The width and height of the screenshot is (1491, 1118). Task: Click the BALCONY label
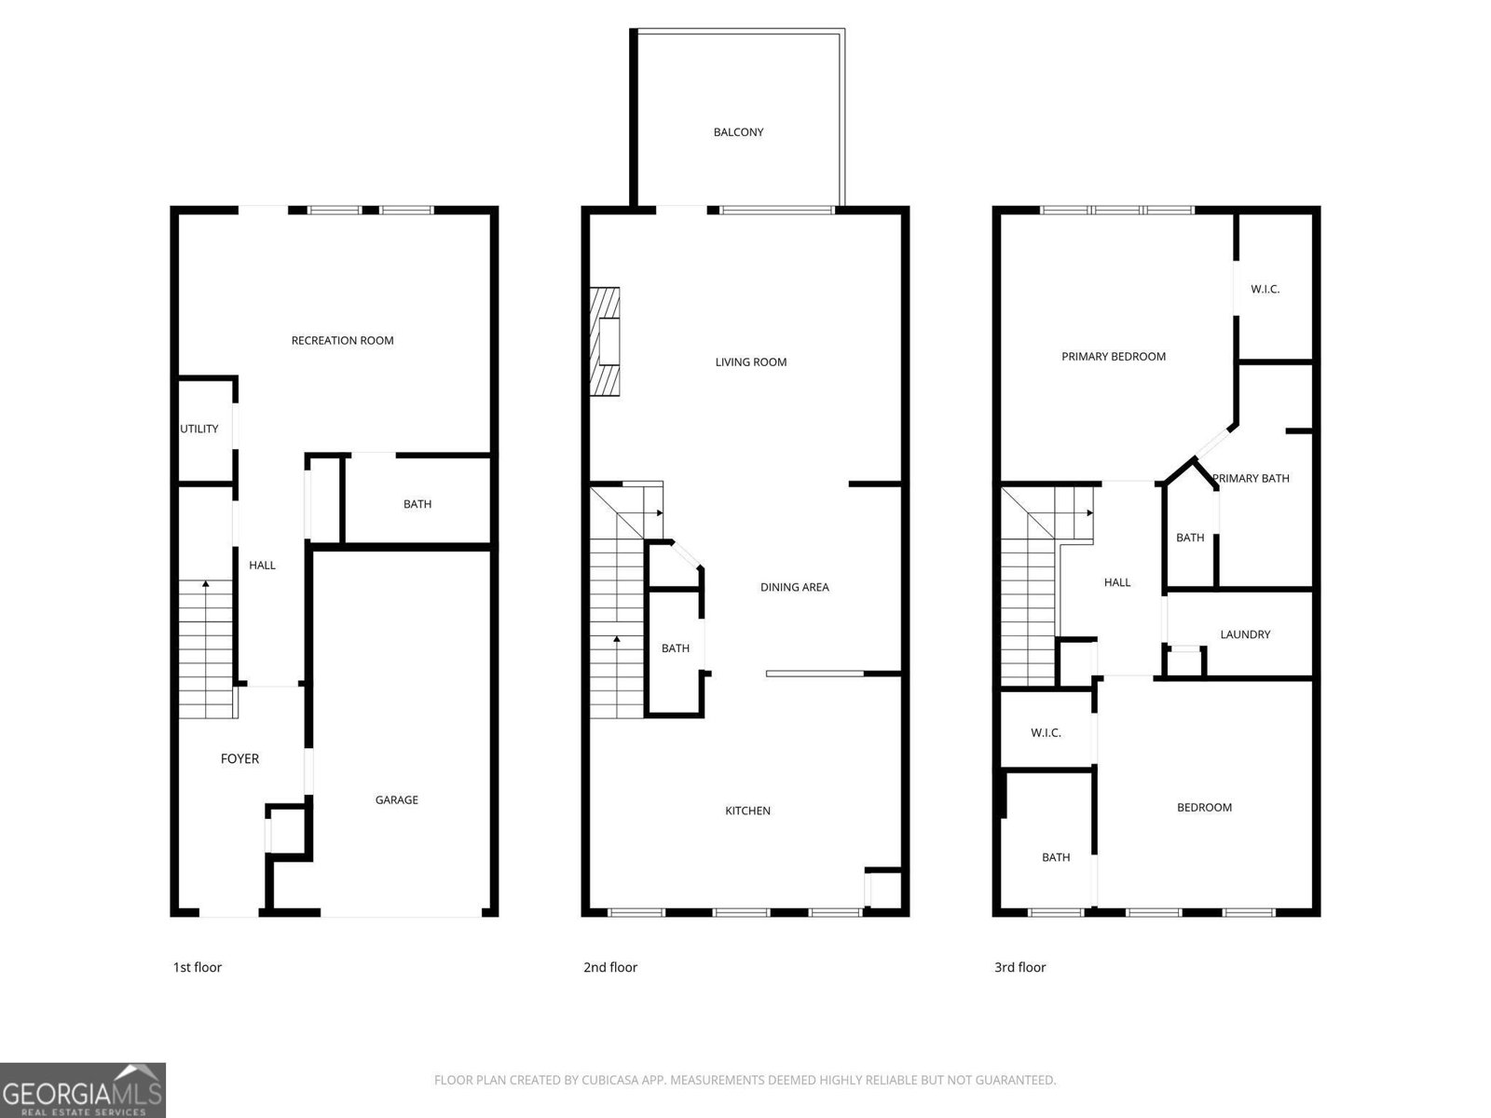point(738,132)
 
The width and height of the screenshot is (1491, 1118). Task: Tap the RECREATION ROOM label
point(342,341)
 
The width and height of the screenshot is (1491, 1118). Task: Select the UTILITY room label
point(199,429)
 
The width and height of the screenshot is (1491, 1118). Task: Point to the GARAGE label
point(397,800)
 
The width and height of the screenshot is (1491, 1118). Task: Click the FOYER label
point(239,759)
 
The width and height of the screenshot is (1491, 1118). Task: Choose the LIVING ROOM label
point(750,362)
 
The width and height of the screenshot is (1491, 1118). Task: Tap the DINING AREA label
point(795,587)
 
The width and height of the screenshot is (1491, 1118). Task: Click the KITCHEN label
point(748,811)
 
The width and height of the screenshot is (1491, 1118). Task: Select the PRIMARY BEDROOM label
point(1114,357)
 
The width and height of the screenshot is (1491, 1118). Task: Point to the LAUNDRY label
point(1245,634)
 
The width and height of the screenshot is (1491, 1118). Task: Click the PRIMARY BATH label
point(1252,479)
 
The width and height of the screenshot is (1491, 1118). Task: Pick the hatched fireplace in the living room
point(605,341)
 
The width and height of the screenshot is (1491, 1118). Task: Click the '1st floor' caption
point(198,967)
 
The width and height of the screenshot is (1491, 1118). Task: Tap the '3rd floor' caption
point(1020,967)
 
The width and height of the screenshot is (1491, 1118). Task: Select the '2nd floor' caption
point(610,967)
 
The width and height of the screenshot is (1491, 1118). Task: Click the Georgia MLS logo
point(83,1090)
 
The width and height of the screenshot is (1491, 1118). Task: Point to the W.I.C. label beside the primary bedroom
point(1265,289)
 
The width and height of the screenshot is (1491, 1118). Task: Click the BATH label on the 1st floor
point(417,504)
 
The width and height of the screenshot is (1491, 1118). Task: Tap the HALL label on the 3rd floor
point(1117,582)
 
